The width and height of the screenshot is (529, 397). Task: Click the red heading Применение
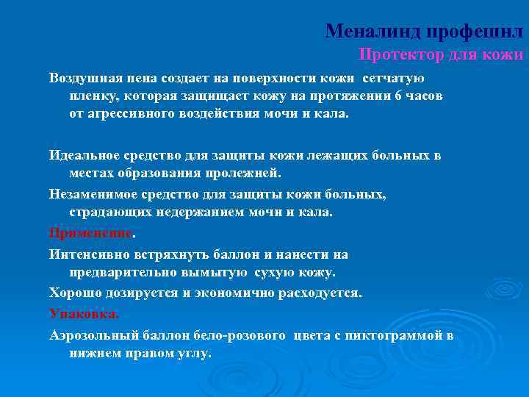[90, 233]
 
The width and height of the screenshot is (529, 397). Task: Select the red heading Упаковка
[82, 313]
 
